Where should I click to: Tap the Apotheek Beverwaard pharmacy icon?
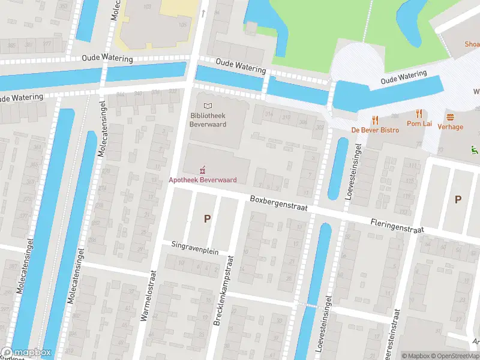coord(202,170)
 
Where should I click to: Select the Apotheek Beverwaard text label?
coord(202,180)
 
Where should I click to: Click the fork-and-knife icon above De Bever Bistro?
coord(376,119)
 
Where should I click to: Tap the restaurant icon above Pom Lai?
coord(419,114)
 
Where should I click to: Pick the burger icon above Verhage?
coord(450,117)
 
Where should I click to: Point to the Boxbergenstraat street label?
coord(278,202)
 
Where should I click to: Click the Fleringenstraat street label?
coord(397,225)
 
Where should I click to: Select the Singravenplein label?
coord(195,248)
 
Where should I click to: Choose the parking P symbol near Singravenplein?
coord(208,219)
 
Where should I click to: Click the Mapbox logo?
coord(26,353)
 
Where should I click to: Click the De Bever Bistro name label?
coord(376,130)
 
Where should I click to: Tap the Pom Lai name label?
coord(419,124)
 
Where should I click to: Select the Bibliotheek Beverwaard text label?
coord(208,120)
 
